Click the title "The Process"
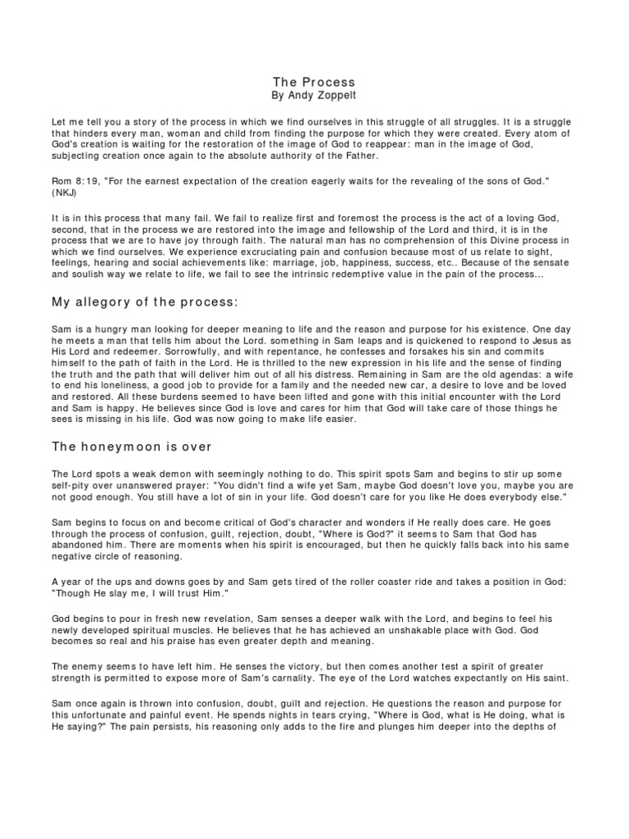(314, 82)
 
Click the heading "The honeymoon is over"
(132, 447)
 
